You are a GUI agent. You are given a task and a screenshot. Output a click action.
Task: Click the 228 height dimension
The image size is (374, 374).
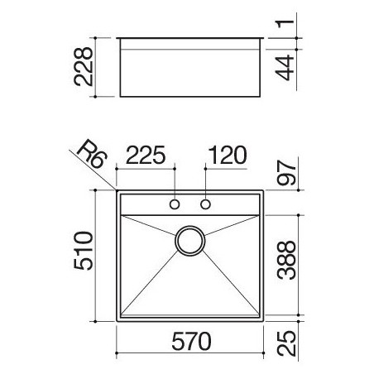(x=84, y=67)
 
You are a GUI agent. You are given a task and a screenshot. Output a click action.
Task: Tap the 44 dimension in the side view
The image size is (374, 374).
(x=285, y=68)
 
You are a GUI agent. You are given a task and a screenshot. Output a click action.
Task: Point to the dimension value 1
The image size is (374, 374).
(x=285, y=24)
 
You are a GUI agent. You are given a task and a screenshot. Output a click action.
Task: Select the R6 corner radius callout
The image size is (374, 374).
(x=92, y=154)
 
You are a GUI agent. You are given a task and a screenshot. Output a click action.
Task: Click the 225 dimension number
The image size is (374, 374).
(x=146, y=155)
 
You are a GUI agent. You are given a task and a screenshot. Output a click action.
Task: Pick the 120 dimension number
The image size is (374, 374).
(x=228, y=155)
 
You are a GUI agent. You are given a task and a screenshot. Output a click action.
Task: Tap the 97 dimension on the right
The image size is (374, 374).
(x=286, y=172)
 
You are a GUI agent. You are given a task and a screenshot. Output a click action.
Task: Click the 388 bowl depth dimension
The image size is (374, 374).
(x=286, y=261)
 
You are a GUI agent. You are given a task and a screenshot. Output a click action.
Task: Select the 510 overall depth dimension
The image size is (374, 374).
(x=84, y=251)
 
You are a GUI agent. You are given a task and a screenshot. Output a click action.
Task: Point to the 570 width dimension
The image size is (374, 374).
(x=191, y=341)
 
